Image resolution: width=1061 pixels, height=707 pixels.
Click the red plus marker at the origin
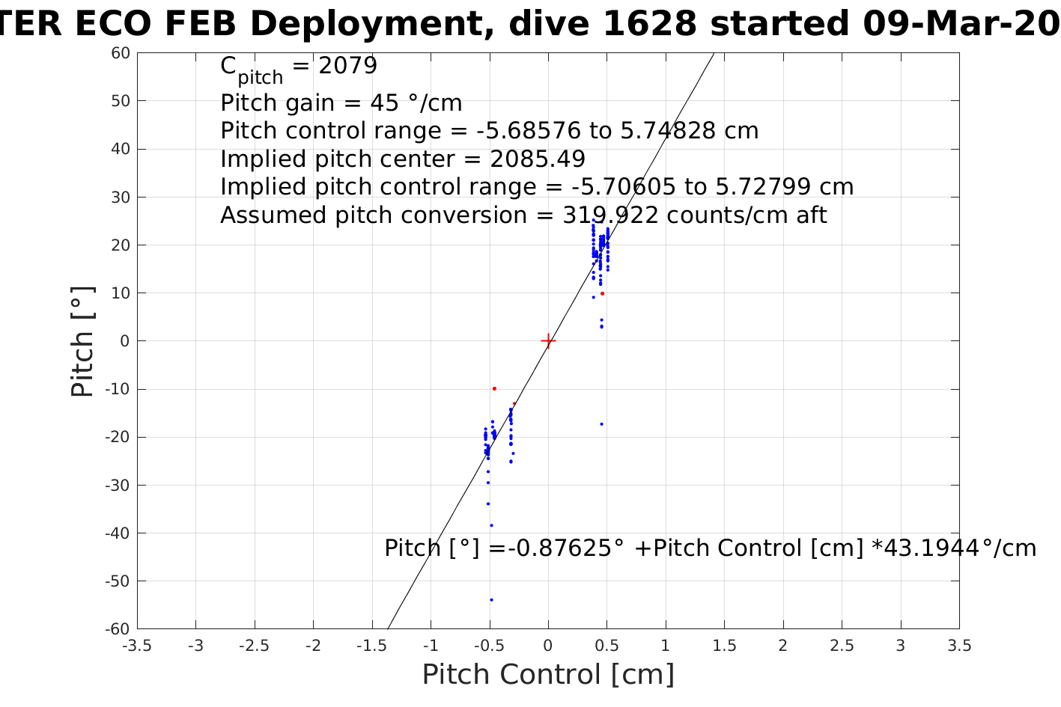548,341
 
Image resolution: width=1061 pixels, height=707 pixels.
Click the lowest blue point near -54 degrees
491,599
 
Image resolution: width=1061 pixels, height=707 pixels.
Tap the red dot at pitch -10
494,388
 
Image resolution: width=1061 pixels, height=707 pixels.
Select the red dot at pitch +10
602,293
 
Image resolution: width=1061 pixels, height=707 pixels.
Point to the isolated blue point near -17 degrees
601,424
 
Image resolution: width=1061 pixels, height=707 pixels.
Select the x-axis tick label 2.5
842,646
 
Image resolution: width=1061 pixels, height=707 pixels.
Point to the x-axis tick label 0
548,646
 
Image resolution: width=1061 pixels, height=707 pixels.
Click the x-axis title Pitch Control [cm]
548,675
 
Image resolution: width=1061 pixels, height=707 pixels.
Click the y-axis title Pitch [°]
82,341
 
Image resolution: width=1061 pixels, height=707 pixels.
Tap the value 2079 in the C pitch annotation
347,66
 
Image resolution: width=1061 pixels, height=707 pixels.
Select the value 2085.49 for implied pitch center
538,159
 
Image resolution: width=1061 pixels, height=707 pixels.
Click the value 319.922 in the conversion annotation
610,215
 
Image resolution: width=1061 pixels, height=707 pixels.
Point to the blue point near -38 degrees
491,525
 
